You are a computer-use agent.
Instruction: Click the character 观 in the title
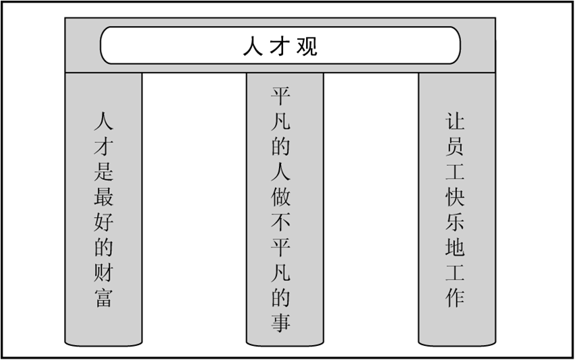(307, 46)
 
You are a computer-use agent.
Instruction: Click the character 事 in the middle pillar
(281, 323)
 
